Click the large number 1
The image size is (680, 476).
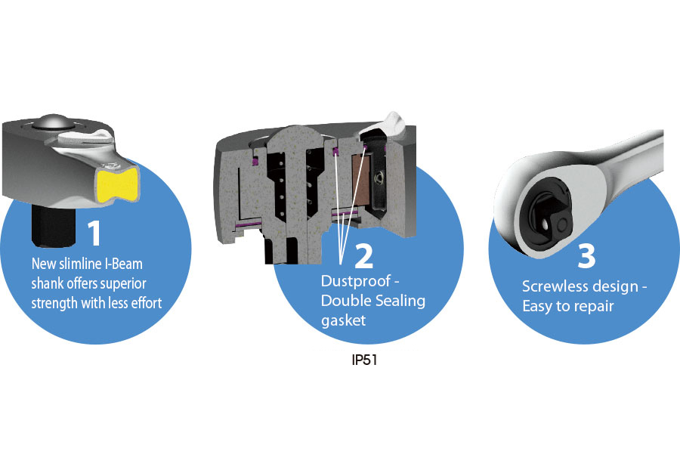pyautogui.click(x=94, y=234)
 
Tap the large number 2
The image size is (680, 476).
pyautogui.click(x=363, y=255)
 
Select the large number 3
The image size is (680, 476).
pyautogui.click(x=586, y=255)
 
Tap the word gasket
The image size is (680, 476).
pyautogui.click(x=343, y=320)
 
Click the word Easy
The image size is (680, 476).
pyautogui.click(x=540, y=307)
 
